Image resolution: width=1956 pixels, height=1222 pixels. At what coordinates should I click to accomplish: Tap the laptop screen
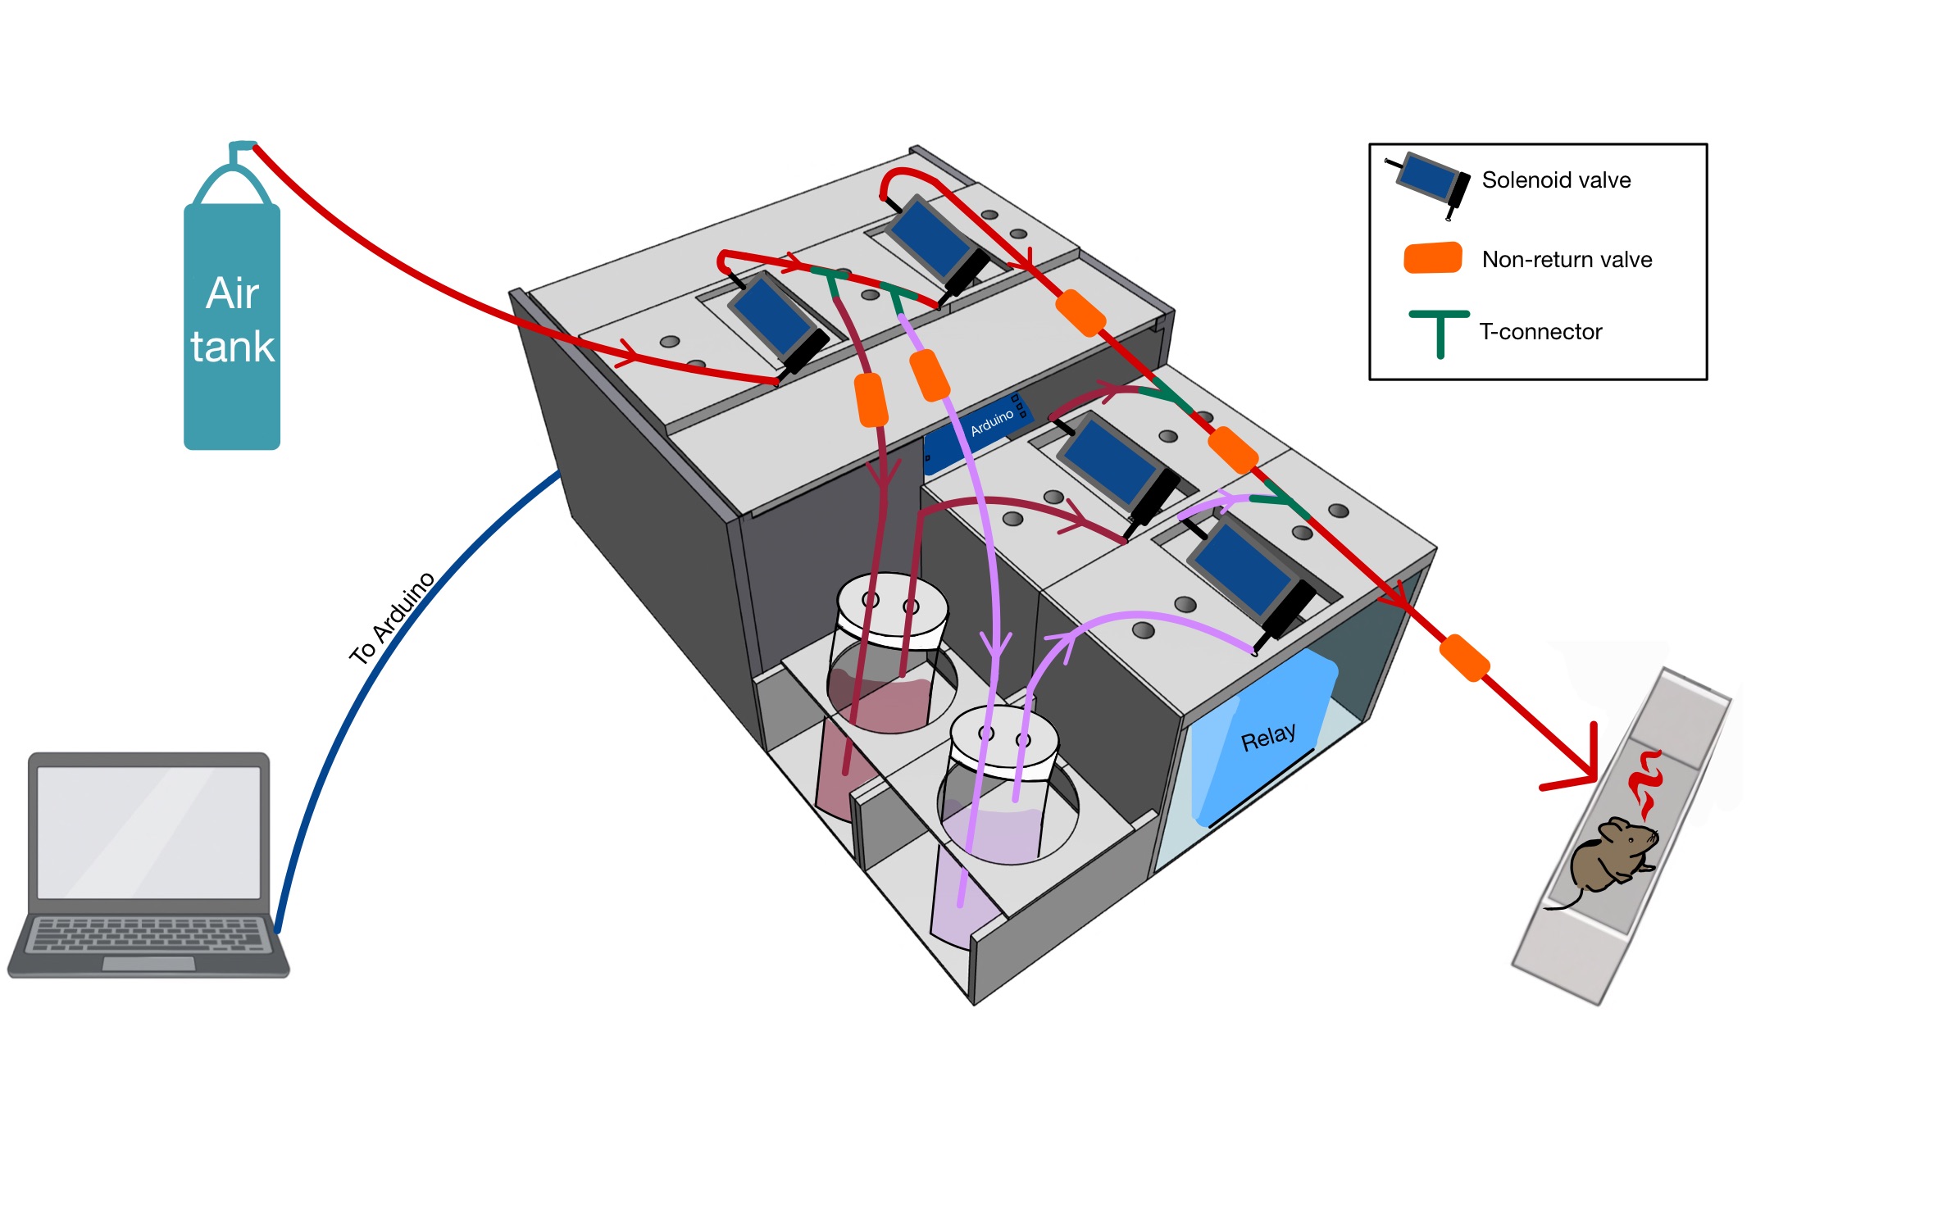(148, 832)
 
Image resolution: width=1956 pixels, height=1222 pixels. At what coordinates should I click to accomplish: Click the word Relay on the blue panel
(1268, 737)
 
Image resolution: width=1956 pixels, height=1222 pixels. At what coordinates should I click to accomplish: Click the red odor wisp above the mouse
(1644, 784)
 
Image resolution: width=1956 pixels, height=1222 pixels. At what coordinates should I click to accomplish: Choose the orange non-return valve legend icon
(1433, 258)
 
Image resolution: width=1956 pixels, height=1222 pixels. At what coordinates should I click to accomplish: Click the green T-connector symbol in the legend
(1439, 333)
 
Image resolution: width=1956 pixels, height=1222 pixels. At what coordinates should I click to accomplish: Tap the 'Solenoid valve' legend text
(1556, 180)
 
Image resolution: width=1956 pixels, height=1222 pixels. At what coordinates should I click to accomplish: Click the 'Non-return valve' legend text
(1567, 260)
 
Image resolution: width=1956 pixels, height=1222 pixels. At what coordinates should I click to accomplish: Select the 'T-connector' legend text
(1540, 332)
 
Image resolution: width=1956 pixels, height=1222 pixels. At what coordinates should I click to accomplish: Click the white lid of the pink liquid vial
(892, 606)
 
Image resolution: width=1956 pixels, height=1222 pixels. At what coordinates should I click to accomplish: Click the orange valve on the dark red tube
(871, 400)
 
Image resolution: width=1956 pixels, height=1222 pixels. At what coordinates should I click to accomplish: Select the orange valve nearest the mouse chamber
(1464, 657)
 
